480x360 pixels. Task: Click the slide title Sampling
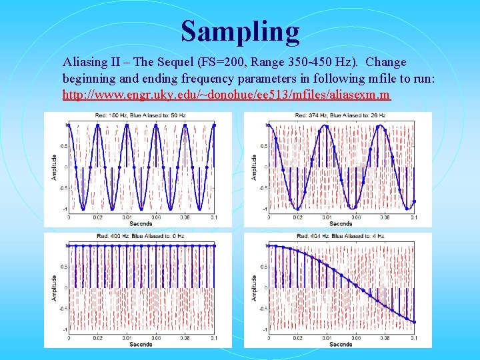(x=240, y=31)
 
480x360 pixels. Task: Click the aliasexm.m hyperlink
(x=226, y=95)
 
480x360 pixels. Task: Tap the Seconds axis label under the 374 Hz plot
(x=341, y=223)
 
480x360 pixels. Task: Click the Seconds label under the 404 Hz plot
(x=341, y=344)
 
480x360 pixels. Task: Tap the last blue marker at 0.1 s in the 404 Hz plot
(x=414, y=322)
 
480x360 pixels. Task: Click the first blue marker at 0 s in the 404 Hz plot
(x=267, y=246)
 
